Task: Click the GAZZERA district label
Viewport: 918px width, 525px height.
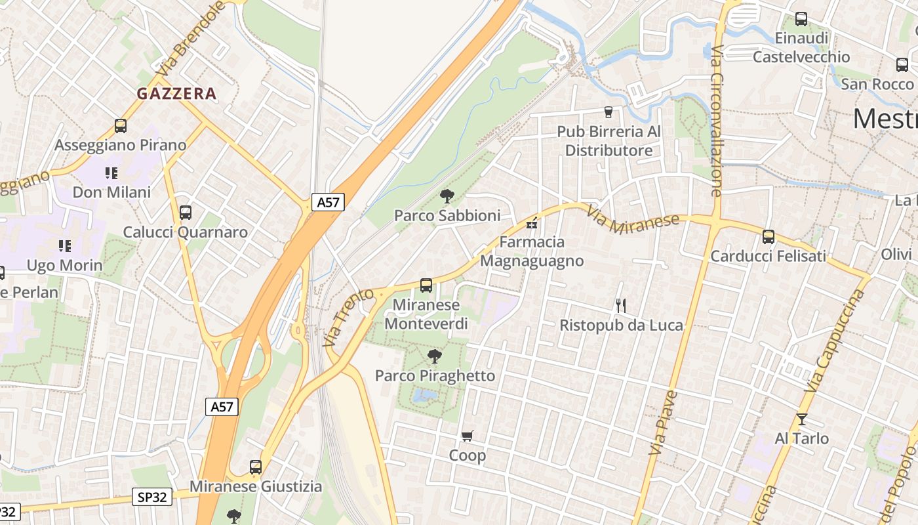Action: tap(176, 94)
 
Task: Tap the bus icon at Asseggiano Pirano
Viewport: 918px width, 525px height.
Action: tap(121, 126)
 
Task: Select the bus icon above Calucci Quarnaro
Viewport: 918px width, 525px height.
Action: tap(186, 213)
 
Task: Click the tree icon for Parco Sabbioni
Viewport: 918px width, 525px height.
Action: tap(447, 196)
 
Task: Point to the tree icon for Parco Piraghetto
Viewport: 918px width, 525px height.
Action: tap(434, 356)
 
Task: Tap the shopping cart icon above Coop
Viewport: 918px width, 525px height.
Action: tap(468, 436)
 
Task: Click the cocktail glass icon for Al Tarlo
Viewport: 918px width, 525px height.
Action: tap(801, 419)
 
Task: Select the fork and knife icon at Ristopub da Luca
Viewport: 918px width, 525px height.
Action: tap(621, 305)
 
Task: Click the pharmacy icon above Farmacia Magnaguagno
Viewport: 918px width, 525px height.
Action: tap(532, 224)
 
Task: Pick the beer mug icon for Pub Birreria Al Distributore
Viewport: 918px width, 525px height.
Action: tap(609, 112)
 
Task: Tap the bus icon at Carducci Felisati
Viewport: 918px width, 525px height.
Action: tap(768, 237)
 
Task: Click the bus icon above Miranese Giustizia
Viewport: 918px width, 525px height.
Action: tap(256, 467)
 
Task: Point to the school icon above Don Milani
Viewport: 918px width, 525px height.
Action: tap(111, 173)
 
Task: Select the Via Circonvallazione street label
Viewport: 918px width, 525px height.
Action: tap(716, 121)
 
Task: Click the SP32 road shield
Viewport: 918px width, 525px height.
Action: tap(152, 497)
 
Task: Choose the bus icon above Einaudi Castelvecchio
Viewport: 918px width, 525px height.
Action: tap(801, 19)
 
